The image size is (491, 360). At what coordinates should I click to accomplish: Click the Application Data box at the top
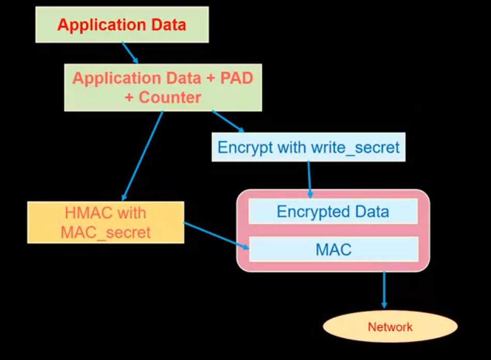click(122, 24)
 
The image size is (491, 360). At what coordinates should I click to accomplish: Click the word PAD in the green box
click(236, 78)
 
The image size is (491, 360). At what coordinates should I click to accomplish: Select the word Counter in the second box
click(170, 97)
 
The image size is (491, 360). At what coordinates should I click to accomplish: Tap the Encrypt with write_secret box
click(308, 147)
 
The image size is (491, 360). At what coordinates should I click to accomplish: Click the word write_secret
click(355, 147)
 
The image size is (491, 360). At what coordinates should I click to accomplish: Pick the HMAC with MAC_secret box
click(106, 222)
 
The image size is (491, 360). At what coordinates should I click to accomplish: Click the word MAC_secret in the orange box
click(106, 232)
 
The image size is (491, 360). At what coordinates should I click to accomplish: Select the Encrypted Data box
click(333, 211)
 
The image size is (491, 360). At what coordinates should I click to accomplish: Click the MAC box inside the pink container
click(333, 250)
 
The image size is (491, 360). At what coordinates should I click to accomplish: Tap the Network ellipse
click(390, 327)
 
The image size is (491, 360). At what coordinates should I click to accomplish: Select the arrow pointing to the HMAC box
click(143, 155)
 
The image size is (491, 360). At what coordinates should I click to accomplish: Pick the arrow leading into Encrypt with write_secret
click(228, 121)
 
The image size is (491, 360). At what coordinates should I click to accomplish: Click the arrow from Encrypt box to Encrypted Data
click(309, 179)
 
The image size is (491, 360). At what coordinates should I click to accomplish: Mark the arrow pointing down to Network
click(384, 290)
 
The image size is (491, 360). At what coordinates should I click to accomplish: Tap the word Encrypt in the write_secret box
click(246, 147)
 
